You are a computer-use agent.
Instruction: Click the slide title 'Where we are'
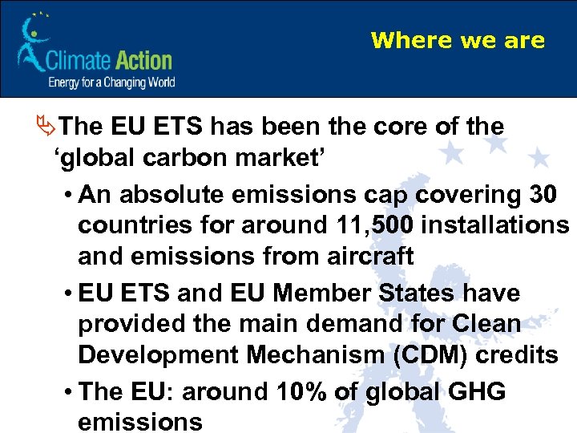pos(458,40)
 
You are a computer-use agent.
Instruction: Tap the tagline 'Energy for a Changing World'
pos(111,82)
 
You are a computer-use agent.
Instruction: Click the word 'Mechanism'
pos(278,354)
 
